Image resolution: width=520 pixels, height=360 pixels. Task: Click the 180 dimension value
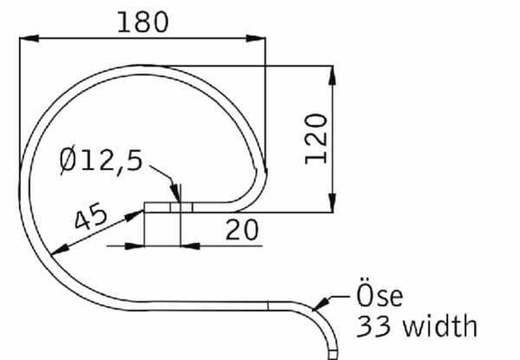click(142, 21)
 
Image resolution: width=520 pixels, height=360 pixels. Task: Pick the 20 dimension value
click(241, 229)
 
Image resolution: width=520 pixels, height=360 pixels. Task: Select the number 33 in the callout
click(374, 327)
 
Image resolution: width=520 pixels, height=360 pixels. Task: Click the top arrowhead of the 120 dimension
click(335, 70)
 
